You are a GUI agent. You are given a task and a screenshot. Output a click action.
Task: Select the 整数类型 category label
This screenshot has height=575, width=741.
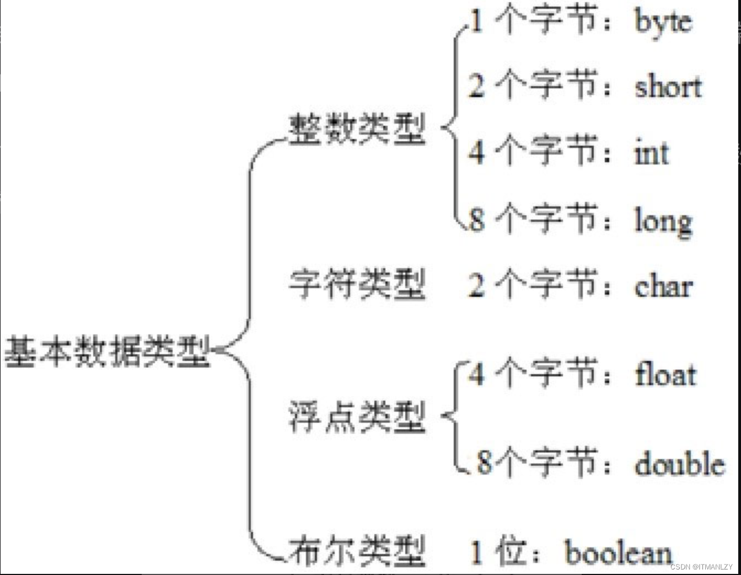click(x=357, y=130)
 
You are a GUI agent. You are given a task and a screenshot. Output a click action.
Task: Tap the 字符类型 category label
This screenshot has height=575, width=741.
click(x=357, y=284)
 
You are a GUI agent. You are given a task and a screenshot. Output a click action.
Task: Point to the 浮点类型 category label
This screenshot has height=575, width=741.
click(x=357, y=417)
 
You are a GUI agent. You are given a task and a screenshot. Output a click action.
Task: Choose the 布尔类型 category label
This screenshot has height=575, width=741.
click(x=357, y=551)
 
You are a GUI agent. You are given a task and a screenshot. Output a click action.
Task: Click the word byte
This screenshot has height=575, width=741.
click(x=663, y=22)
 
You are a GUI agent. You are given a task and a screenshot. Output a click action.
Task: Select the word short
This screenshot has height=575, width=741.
click(x=668, y=87)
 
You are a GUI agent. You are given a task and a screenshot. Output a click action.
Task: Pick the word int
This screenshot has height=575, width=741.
click(x=652, y=153)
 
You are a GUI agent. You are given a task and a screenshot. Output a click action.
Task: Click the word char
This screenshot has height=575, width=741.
click(x=663, y=286)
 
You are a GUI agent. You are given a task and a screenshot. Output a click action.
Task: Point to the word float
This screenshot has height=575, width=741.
click(x=665, y=375)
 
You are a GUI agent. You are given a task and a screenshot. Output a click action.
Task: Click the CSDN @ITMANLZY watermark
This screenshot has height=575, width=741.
click(x=701, y=567)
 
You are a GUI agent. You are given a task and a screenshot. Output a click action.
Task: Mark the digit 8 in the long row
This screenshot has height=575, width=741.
click(x=476, y=219)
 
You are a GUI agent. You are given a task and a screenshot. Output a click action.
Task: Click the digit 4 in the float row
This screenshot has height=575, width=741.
click(x=476, y=374)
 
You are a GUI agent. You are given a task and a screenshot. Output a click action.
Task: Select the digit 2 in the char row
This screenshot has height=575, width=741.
click(x=476, y=285)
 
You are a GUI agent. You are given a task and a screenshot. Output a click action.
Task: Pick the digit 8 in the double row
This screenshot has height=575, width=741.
click(x=484, y=462)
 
